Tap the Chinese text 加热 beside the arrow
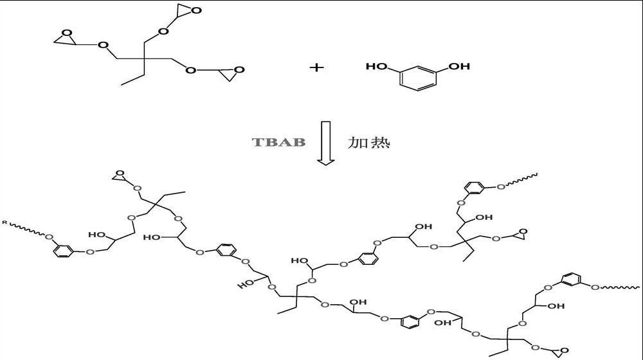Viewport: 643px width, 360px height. point(368,141)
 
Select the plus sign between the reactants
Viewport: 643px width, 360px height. point(316,66)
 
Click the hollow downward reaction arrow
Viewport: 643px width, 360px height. point(325,142)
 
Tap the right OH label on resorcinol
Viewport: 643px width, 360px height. point(459,66)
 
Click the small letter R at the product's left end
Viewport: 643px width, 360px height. point(5,222)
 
